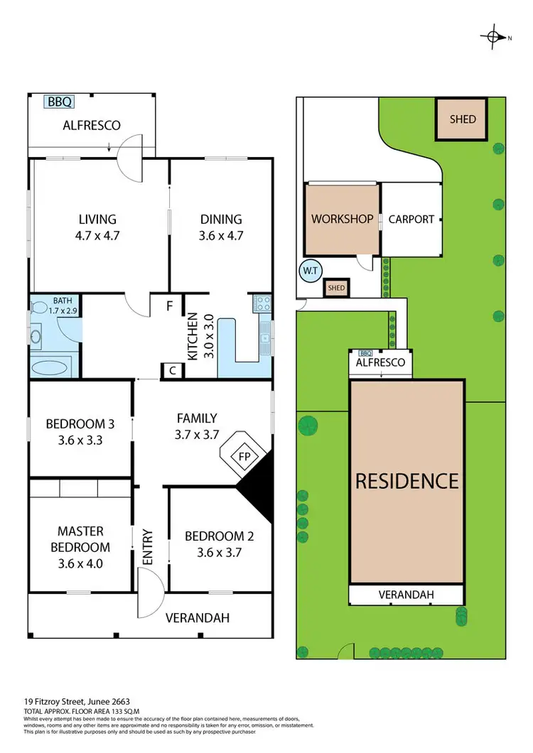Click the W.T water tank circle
(309, 271)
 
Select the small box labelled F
(169, 306)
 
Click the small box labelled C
(173, 369)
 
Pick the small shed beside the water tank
(335, 288)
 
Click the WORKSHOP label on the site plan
(342, 219)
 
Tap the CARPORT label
(411, 219)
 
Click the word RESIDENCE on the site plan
(407, 481)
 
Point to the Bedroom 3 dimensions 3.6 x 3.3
(80, 440)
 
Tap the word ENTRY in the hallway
(148, 548)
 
